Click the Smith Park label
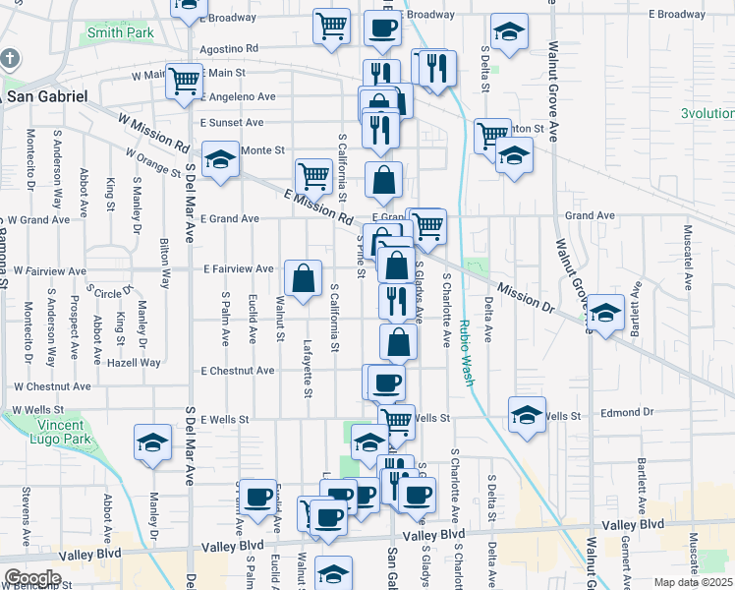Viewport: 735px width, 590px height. pos(121,32)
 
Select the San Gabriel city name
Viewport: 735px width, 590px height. pos(47,96)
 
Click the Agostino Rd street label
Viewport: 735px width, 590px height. pos(228,47)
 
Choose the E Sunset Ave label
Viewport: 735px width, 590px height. pos(232,123)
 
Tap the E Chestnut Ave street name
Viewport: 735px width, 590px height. pos(238,371)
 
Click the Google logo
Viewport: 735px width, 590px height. pos(32,578)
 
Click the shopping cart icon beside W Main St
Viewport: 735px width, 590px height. pos(184,82)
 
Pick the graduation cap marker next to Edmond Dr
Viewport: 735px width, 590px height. pos(527,415)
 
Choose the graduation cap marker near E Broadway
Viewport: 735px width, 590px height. pos(508,34)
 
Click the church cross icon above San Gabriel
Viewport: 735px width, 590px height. pos(10,58)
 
